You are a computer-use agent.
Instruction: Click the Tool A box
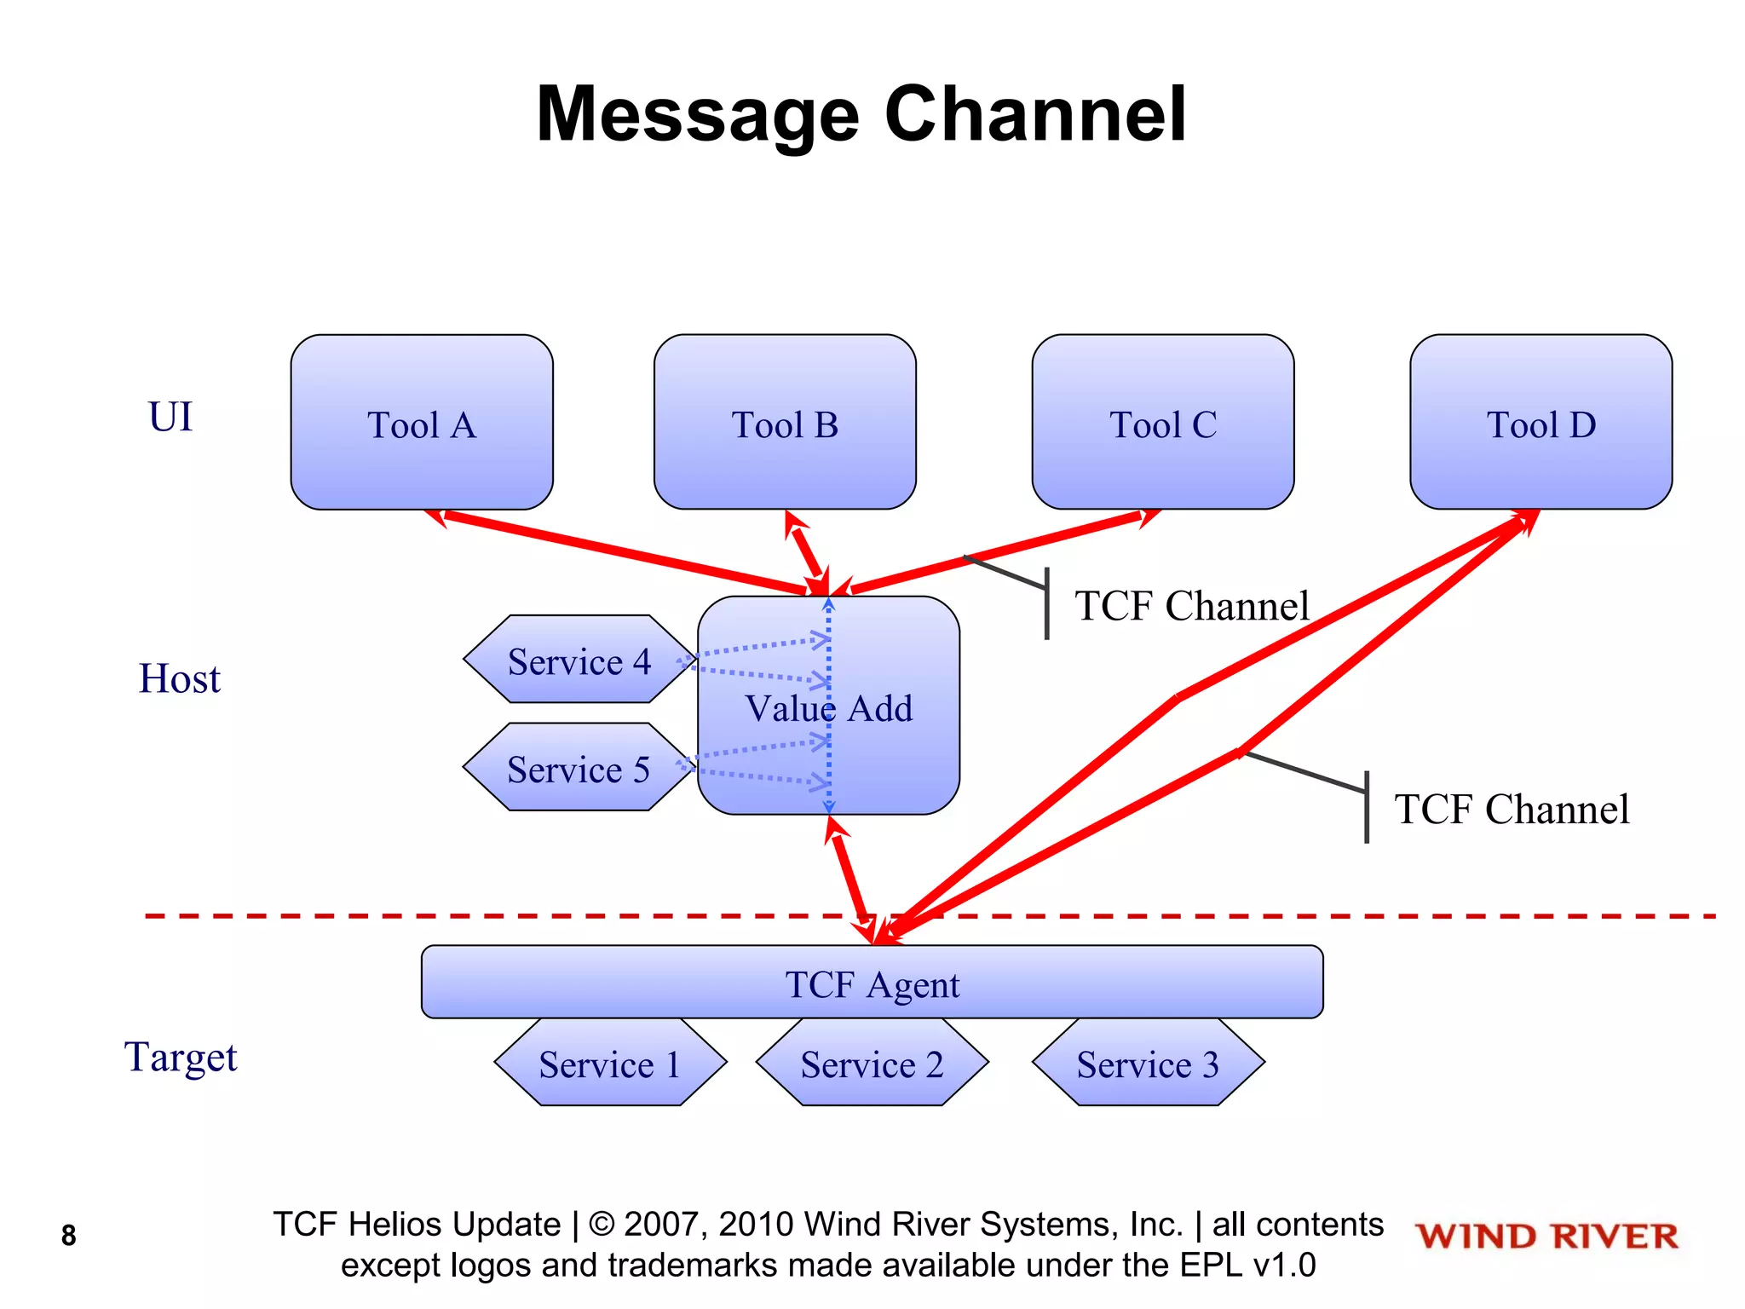pyautogui.click(x=422, y=423)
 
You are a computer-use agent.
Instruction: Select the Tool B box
pyautogui.click(x=785, y=423)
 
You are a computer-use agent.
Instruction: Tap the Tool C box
pyautogui.click(x=1162, y=423)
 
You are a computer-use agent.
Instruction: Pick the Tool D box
pyautogui.click(x=1541, y=423)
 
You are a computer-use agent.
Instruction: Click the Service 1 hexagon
pyautogui.click(x=609, y=1064)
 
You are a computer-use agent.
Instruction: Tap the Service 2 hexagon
pyautogui.click(x=872, y=1064)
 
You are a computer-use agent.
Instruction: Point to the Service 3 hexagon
pyautogui.click(x=1148, y=1064)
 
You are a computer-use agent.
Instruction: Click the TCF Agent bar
pyautogui.click(x=872, y=983)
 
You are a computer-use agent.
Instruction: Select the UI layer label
pyautogui.click(x=170, y=417)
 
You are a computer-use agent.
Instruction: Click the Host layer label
pyautogui.click(x=179, y=678)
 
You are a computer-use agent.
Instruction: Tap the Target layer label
pyautogui.click(x=181, y=1057)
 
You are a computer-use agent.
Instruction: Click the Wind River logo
pyautogui.click(x=1546, y=1236)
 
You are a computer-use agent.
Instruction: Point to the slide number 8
pyautogui.click(x=69, y=1235)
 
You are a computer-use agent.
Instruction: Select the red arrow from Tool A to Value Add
pyautogui.click(x=622, y=550)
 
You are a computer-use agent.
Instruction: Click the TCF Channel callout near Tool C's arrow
pyautogui.click(x=1191, y=606)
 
